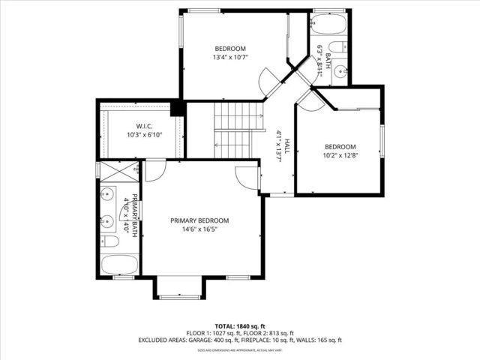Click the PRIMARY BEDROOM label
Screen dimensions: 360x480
point(199,220)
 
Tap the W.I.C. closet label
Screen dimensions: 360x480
point(145,125)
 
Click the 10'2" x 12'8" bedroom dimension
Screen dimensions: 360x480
point(340,157)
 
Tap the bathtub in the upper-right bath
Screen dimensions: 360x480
point(328,25)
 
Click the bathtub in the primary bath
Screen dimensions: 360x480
point(119,265)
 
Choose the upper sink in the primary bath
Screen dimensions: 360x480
point(107,193)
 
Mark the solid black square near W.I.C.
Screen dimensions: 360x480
point(178,109)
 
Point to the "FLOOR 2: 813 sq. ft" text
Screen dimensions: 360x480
point(267,333)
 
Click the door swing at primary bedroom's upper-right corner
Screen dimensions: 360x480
point(247,177)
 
